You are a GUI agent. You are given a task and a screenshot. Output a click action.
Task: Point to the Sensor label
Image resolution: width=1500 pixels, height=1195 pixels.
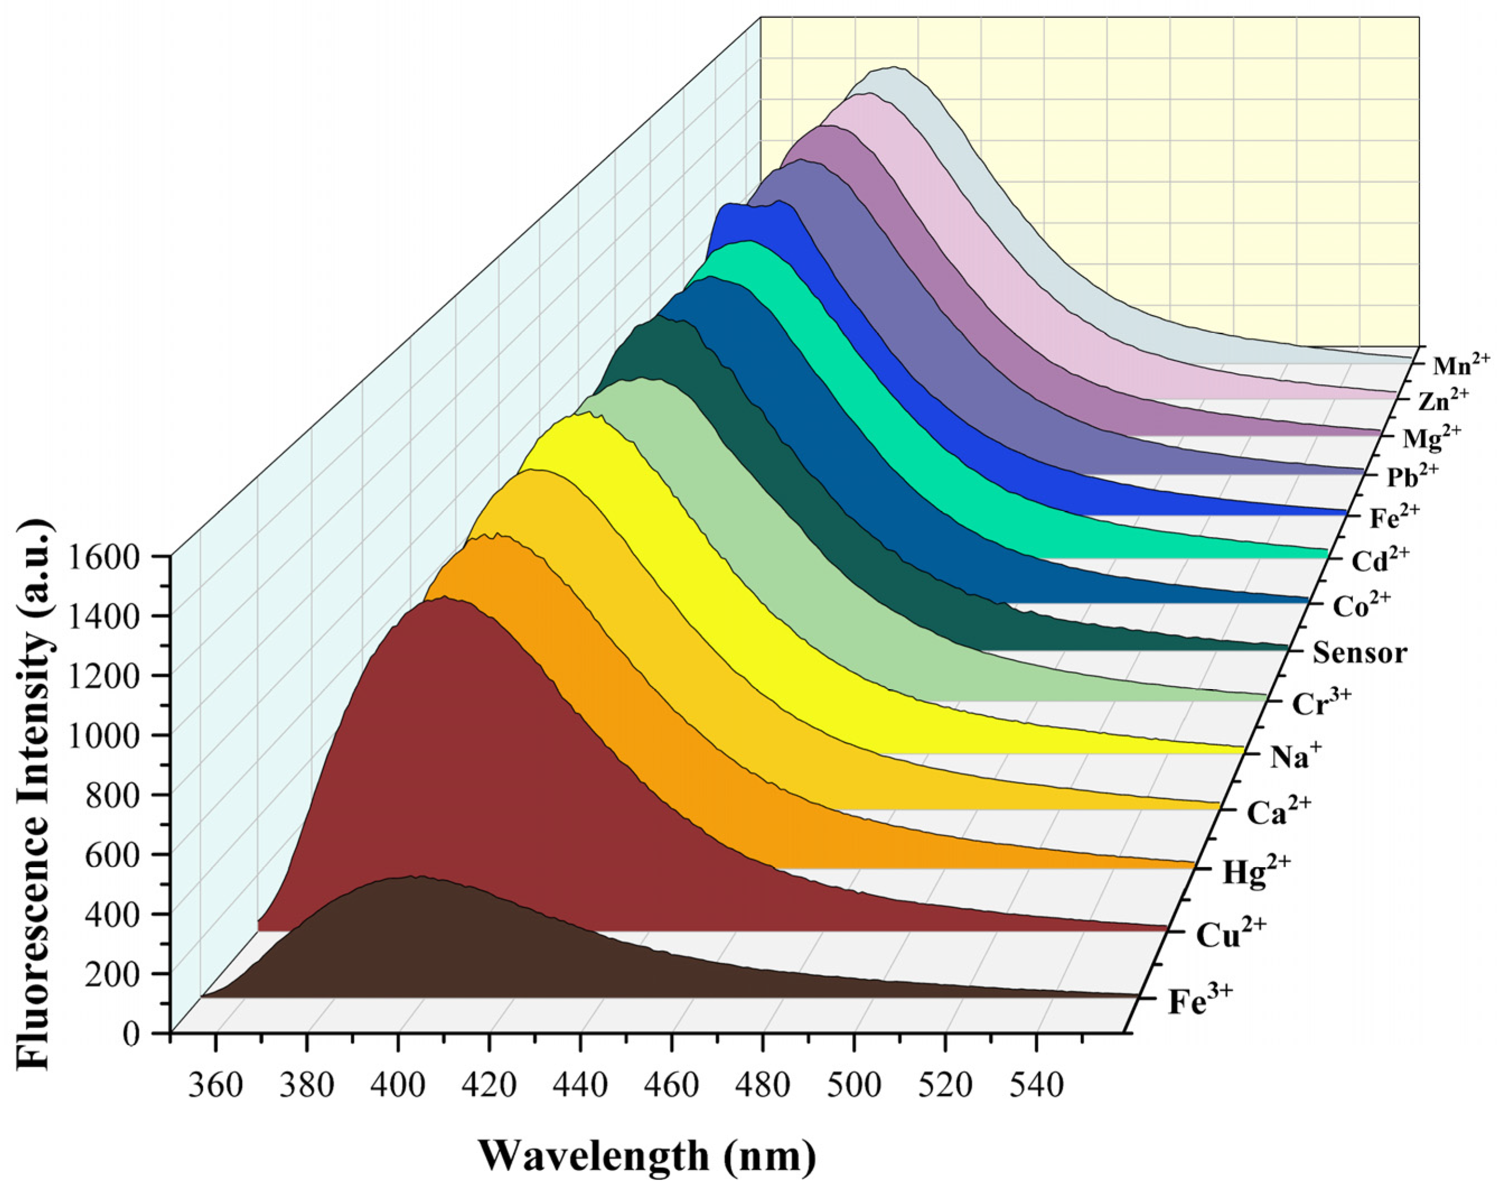pos(1359,654)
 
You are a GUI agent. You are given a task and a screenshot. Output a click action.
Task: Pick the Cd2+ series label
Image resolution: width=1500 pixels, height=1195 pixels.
pos(1380,560)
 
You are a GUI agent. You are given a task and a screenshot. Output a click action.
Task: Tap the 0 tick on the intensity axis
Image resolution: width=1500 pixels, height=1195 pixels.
pos(131,1034)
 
